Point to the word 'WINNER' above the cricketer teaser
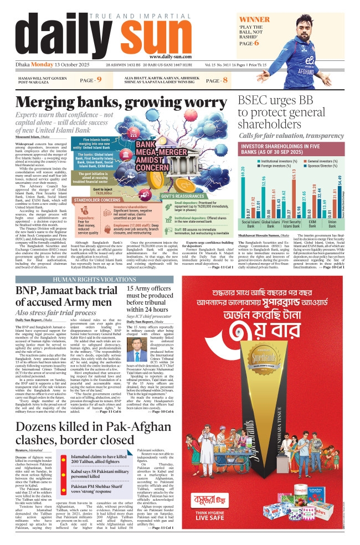pyautogui.click(x=254, y=19)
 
